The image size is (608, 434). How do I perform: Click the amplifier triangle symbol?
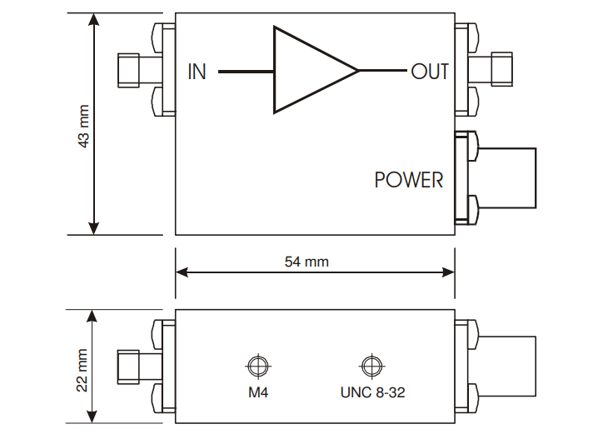point(308,70)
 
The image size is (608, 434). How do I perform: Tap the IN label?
point(197,72)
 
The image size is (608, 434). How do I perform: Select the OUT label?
point(430,72)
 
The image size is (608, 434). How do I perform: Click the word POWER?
point(409,180)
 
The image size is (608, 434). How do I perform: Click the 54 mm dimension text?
point(306,262)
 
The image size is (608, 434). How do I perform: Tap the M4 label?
point(257,392)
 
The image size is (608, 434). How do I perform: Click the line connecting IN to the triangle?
point(246,72)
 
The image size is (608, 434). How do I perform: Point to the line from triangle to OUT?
point(383,71)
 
